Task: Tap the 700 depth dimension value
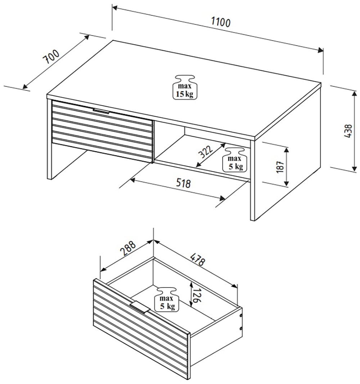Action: tap(51, 57)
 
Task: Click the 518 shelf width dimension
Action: tap(183, 184)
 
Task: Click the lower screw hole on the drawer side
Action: tap(240, 328)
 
